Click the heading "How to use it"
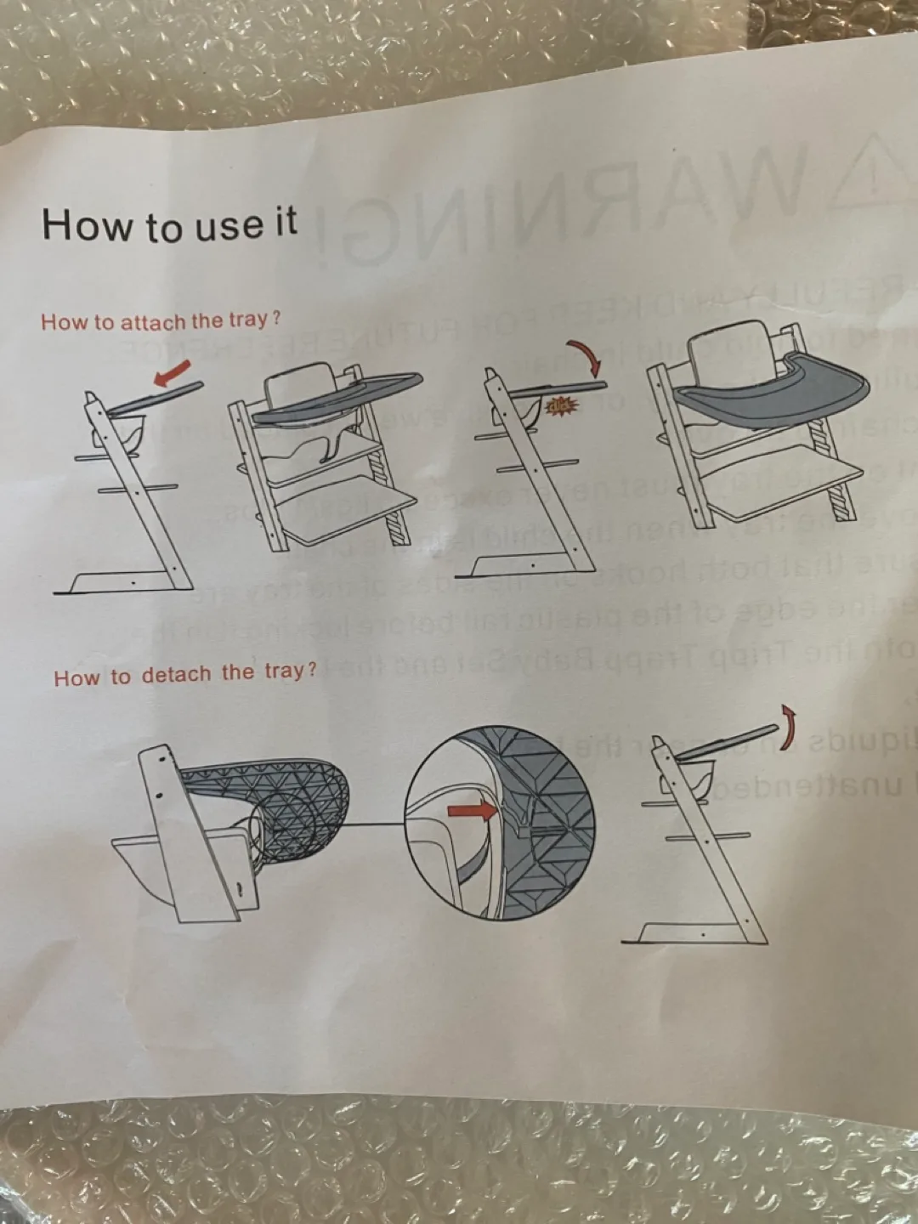click(x=169, y=224)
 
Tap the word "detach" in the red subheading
click(x=176, y=675)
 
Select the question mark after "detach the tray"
click(x=311, y=670)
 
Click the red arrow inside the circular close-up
click(x=472, y=811)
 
